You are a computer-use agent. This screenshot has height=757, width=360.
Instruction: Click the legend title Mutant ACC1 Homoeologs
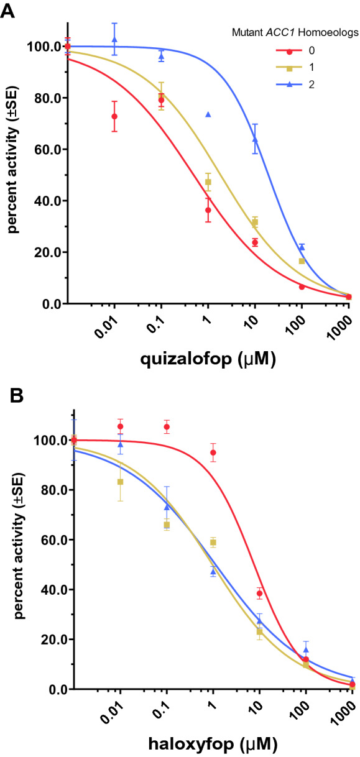pyautogui.click(x=290, y=35)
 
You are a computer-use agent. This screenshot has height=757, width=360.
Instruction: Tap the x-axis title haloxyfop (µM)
pyautogui.click(x=211, y=743)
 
